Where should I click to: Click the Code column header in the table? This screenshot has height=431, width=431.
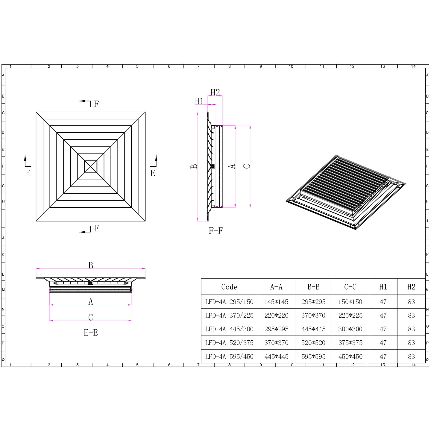(x=229, y=287)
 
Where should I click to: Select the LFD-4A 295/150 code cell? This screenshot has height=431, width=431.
(x=229, y=302)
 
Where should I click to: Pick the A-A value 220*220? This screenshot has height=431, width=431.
(x=276, y=315)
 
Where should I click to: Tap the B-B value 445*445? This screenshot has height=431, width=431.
(x=313, y=329)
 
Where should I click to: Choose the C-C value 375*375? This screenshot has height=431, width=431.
(x=350, y=343)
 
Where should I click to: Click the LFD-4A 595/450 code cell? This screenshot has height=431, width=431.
(x=229, y=356)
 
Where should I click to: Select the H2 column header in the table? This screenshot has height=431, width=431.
(x=411, y=287)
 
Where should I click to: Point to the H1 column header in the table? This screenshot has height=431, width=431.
(x=383, y=287)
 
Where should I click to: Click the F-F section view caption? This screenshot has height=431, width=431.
(x=216, y=230)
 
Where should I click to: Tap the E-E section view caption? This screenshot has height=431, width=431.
(x=91, y=333)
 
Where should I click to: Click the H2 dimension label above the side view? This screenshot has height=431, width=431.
(x=215, y=92)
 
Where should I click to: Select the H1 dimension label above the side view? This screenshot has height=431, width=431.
(x=199, y=101)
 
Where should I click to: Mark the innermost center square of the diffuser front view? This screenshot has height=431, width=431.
(x=91, y=166)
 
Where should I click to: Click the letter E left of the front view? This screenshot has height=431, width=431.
(x=28, y=173)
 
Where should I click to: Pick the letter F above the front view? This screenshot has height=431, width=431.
(x=96, y=104)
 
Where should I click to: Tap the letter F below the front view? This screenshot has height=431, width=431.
(x=96, y=228)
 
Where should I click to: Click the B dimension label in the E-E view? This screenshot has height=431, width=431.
(x=91, y=265)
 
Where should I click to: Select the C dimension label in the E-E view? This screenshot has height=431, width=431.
(x=91, y=317)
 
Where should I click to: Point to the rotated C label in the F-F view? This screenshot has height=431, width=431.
(x=247, y=166)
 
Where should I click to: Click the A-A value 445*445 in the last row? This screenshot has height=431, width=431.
(x=276, y=356)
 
